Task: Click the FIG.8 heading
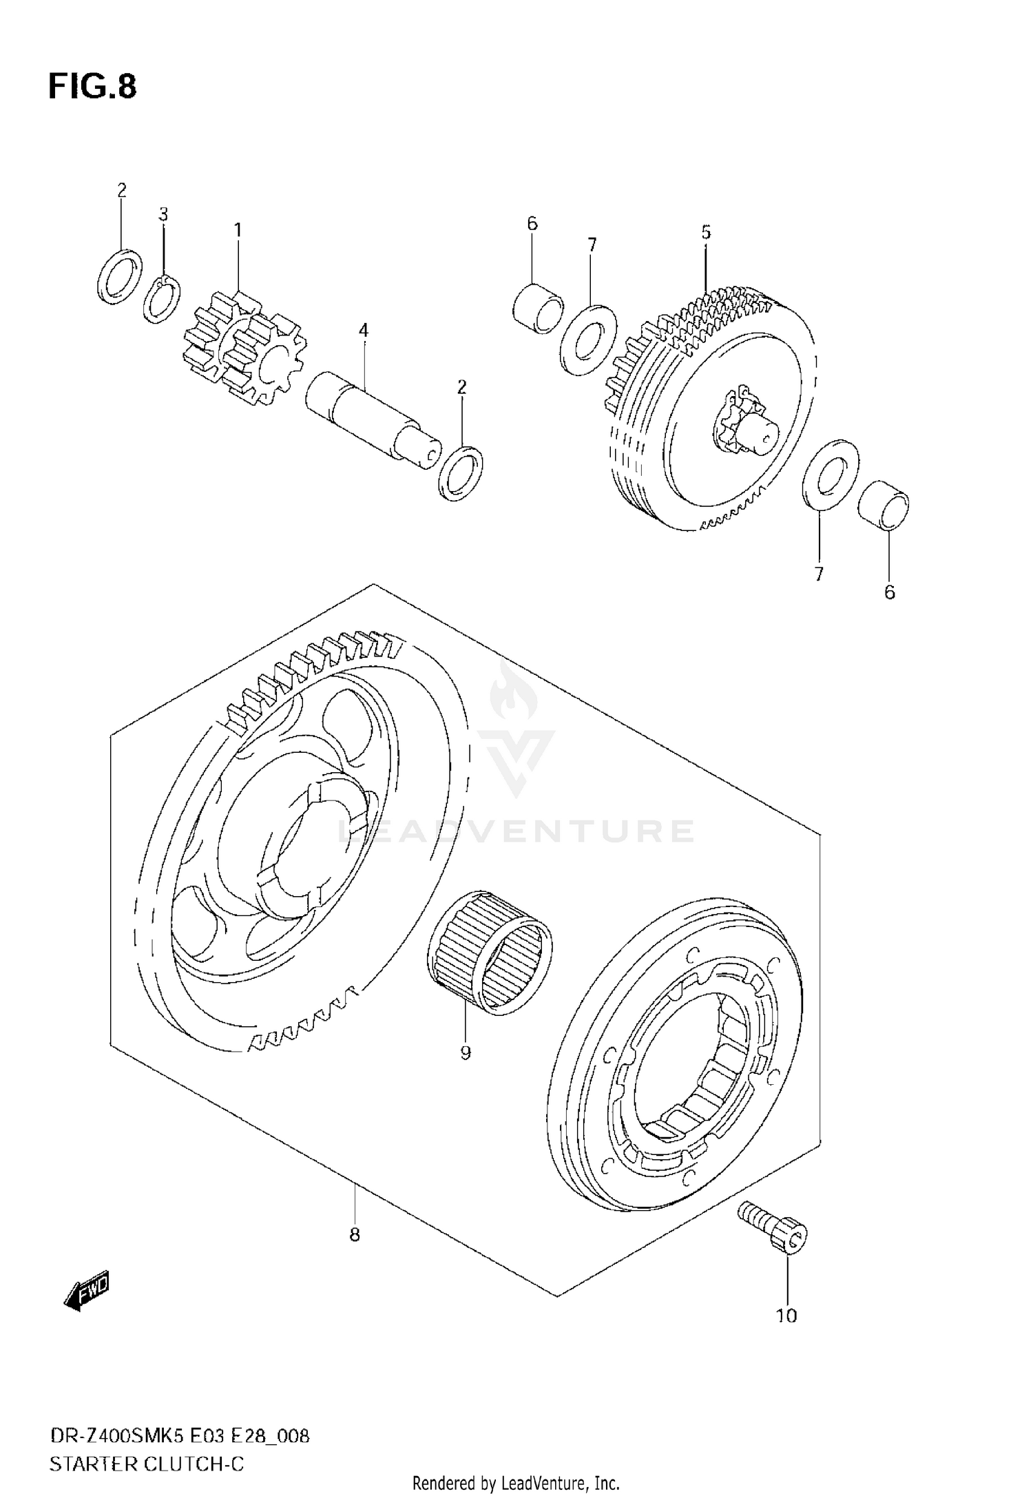92,87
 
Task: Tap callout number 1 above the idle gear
238,230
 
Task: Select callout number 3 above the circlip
163,214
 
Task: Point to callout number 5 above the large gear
706,232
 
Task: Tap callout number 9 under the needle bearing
466,1052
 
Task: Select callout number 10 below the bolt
786,1316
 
